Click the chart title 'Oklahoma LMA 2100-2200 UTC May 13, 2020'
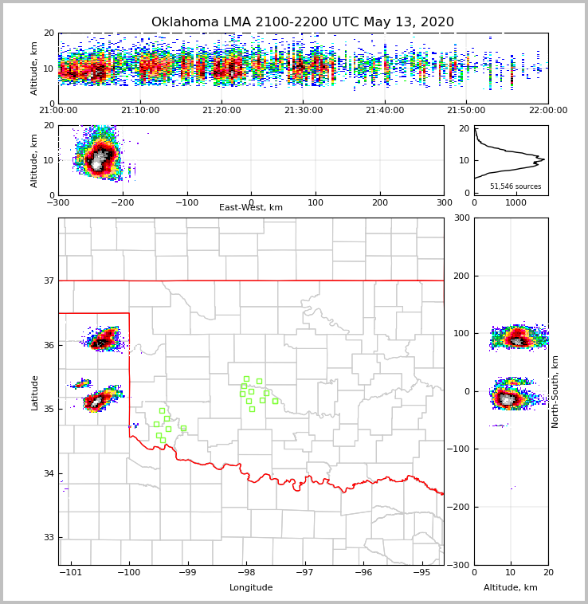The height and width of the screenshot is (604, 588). tap(302, 22)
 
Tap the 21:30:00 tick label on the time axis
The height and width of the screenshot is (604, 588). tap(303, 111)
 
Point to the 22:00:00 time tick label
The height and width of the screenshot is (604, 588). tap(547, 111)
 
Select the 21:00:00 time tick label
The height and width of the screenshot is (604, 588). tap(58, 111)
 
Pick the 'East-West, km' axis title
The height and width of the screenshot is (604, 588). tap(250, 208)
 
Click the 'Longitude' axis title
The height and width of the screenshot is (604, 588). tap(250, 588)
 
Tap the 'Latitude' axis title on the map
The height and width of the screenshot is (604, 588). tap(34, 392)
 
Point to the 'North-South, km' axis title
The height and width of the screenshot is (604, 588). tap(555, 392)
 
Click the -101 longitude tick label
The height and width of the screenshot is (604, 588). tap(72, 572)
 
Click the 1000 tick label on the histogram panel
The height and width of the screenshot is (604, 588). tap(516, 202)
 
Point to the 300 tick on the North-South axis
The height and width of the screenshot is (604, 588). tap(461, 218)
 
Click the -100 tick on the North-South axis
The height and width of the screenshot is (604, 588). tap(457, 449)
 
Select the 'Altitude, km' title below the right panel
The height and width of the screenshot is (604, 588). tap(510, 588)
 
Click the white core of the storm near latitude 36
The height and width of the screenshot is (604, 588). tap(101, 342)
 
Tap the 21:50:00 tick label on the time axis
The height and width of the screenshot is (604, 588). tap(466, 111)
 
